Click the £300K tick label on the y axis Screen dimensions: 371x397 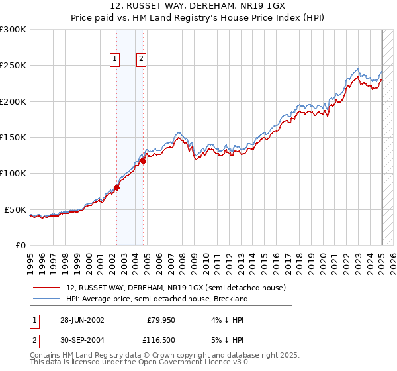pos(13,30)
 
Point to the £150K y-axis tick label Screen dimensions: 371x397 pos(13,138)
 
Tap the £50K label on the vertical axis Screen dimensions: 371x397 pos(15,209)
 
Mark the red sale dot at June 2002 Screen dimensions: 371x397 pos(117,187)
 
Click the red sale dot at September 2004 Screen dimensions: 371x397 pos(144,161)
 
